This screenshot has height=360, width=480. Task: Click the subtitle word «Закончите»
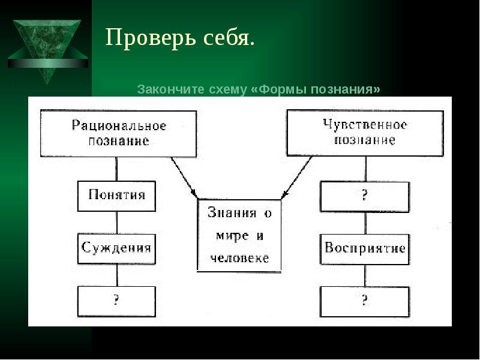pos(170,89)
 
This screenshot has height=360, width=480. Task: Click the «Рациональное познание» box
pos(118,134)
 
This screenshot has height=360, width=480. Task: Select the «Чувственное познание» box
pos(365,133)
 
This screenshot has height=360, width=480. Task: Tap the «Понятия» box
pos(116,196)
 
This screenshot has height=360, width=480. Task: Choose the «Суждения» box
pos(116,249)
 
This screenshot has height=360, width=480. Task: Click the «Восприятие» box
pos(365,250)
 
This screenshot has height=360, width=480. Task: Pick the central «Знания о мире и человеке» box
pos(239,235)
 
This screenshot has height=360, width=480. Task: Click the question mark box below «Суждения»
pos(116,302)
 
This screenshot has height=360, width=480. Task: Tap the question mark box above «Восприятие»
pos(365,197)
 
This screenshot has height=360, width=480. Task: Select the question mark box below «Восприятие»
pos(365,302)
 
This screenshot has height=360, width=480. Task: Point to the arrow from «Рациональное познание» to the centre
pos(184,178)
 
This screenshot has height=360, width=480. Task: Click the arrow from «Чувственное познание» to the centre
pos(296,178)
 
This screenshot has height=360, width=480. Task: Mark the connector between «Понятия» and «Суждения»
pos(116,223)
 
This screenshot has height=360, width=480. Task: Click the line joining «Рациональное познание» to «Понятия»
pos(116,169)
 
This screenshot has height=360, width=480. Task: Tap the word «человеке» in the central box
pos(239,258)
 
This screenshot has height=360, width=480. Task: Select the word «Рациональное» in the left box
pos(119,125)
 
